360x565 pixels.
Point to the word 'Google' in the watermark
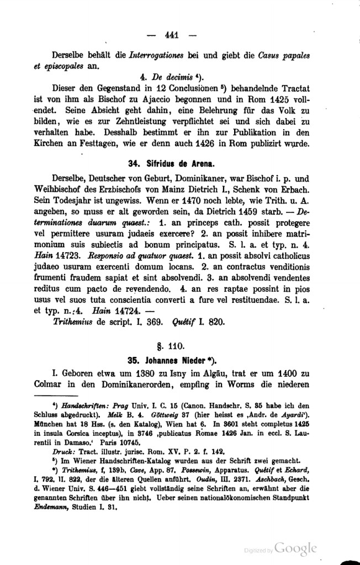296,548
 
